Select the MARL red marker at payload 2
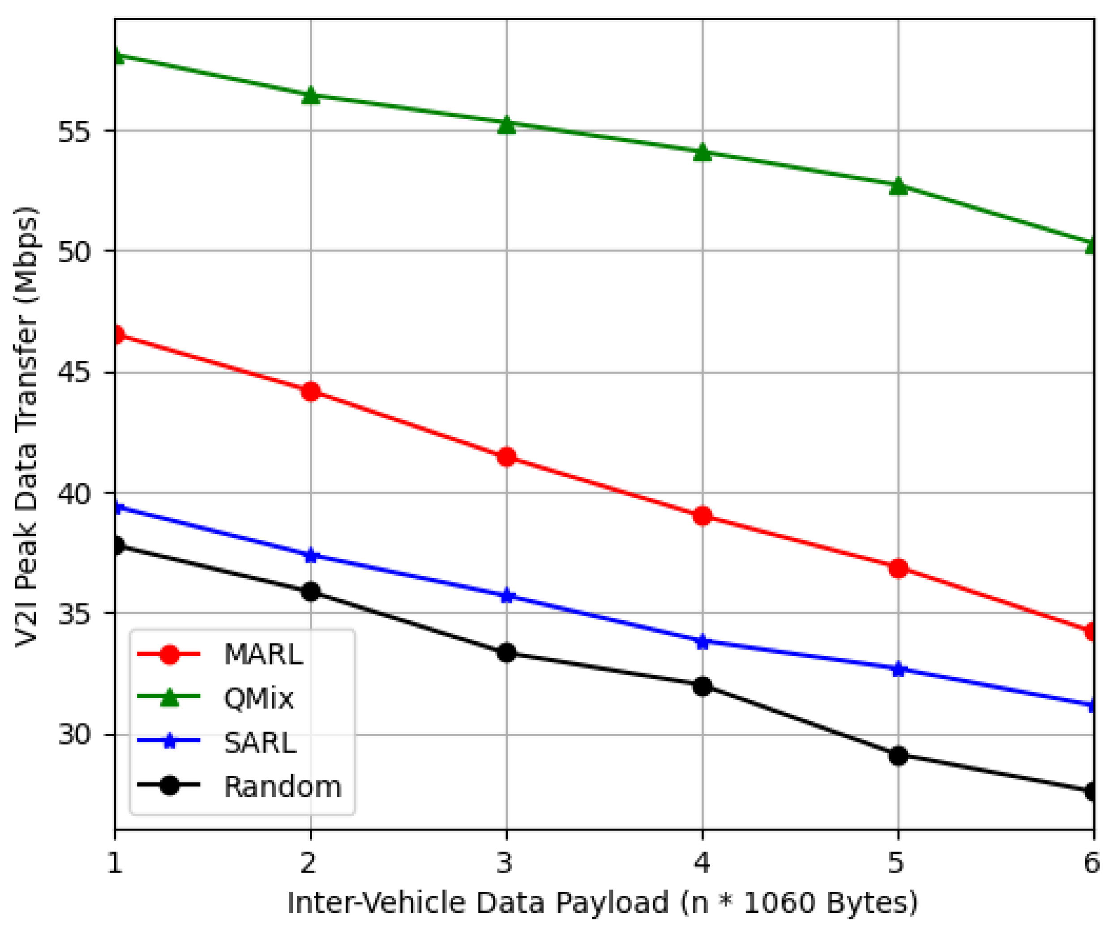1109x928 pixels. pyautogui.click(x=311, y=392)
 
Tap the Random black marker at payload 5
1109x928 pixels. pyautogui.click(x=898, y=756)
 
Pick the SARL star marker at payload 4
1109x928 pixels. pyautogui.click(x=702, y=642)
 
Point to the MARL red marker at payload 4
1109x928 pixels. pyautogui.click(x=702, y=516)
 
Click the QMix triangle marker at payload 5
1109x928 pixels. pyautogui.click(x=898, y=186)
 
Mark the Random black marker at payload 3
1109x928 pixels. pyautogui.click(x=506, y=653)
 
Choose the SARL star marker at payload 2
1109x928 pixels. pyautogui.click(x=311, y=555)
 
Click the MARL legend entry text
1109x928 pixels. pyautogui.click(x=263, y=655)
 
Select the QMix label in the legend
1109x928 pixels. pyautogui.click(x=258, y=698)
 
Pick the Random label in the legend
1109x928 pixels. pyautogui.click(x=283, y=787)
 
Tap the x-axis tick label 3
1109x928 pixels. pyautogui.click(x=506, y=864)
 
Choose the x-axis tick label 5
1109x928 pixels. pyautogui.click(x=897, y=864)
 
